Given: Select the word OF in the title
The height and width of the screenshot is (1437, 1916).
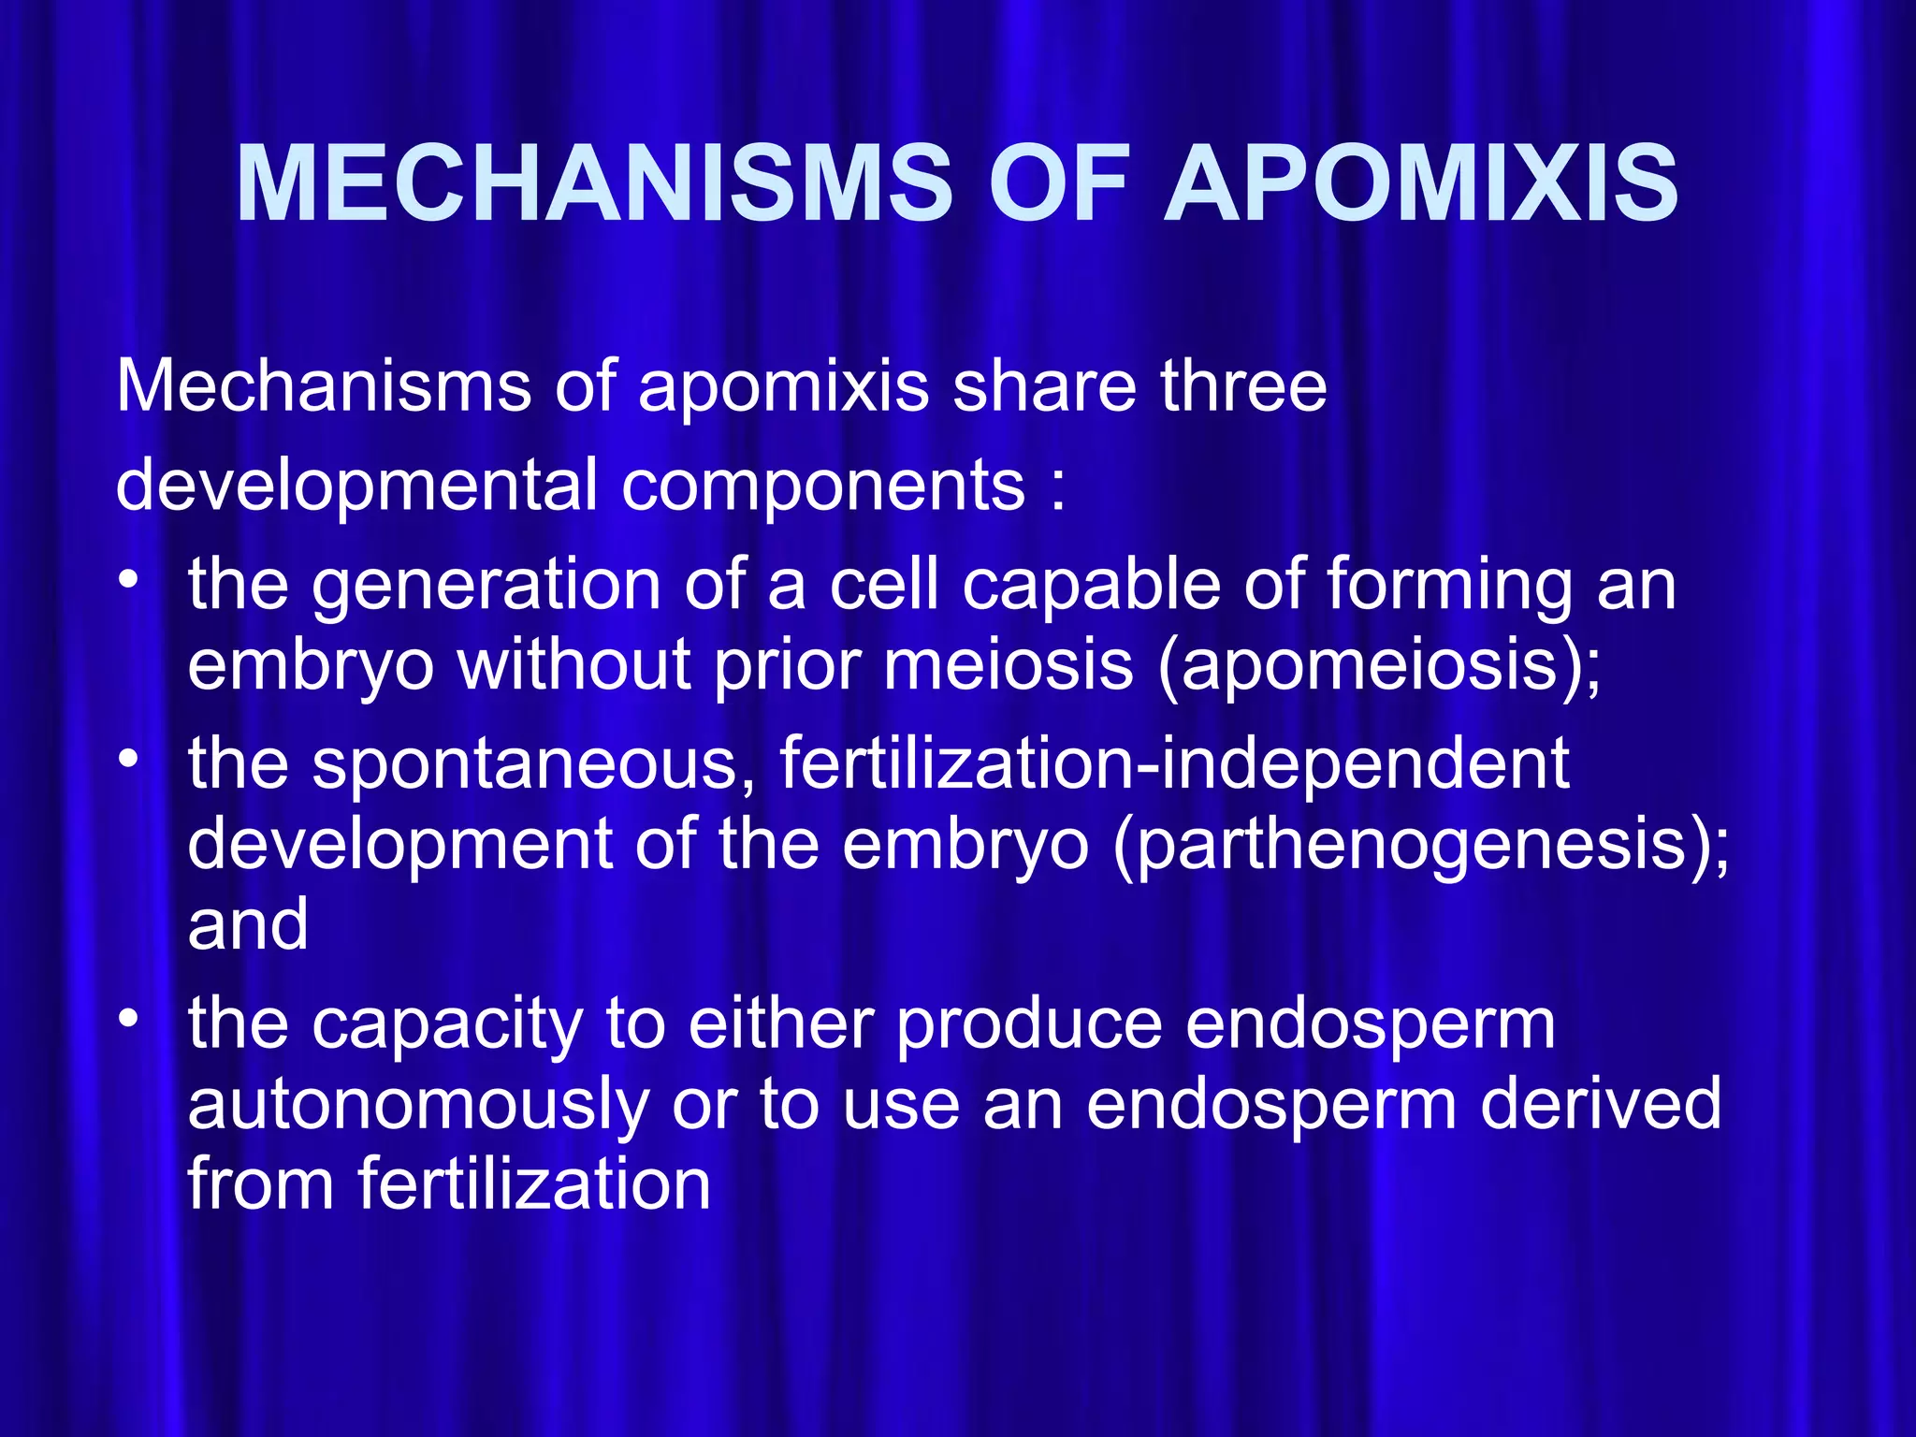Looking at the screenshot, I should click(1057, 184).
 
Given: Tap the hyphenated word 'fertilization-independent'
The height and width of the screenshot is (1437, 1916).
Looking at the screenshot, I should click(1174, 763).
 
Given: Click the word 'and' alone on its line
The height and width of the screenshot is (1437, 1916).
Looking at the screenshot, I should click(248, 924).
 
